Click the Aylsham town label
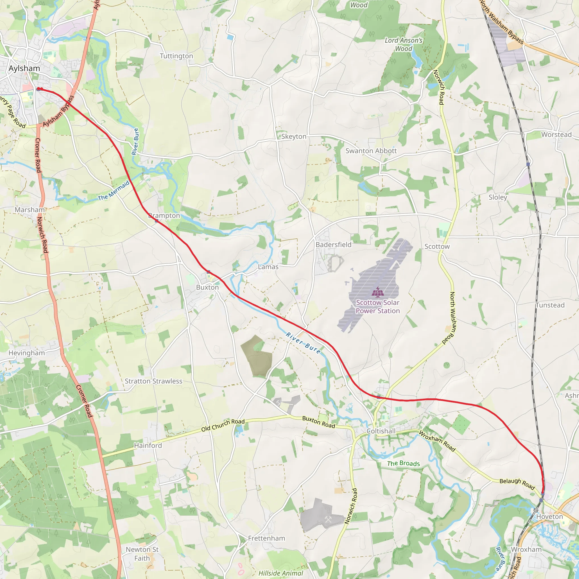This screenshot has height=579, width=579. [x=24, y=68]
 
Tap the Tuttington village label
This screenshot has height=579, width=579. [x=176, y=56]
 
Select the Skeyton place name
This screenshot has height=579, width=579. [x=294, y=137]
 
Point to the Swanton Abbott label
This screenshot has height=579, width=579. [x=371, y=151]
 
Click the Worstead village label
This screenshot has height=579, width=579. [x=556, y=135]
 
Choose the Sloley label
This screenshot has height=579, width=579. [x=498, y=197]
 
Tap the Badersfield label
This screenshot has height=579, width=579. [x=333, y=245]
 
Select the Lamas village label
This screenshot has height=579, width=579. [x=268, y=267]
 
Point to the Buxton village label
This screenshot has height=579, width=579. [x=208, y=287]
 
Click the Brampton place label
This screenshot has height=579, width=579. [x=164, y=215]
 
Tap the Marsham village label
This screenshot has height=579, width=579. [x=30, y=210]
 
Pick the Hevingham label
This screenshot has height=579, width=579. [x=27, y=353]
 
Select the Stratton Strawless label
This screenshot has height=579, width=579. [x=154, y=381]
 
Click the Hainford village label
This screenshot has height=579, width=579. [x=148, y=445]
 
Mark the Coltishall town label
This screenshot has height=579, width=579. [x=381, y=431]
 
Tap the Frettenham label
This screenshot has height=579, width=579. [x=266, y=538]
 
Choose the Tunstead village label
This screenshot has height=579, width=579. [x=550, y=305]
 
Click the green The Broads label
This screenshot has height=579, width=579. [x=403, y=463]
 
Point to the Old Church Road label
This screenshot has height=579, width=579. [x=223, y=425]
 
